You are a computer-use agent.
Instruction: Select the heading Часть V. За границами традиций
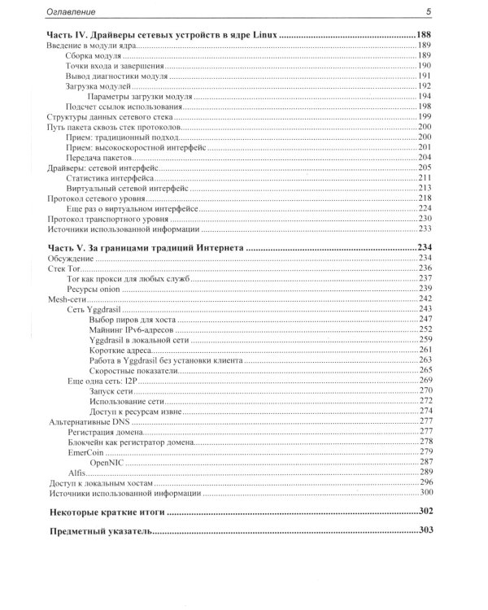click(146, 247)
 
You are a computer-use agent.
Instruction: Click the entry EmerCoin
click(89, 451)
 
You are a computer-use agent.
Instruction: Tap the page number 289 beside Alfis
click(425, 472)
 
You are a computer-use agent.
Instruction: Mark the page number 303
click(423, 530)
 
